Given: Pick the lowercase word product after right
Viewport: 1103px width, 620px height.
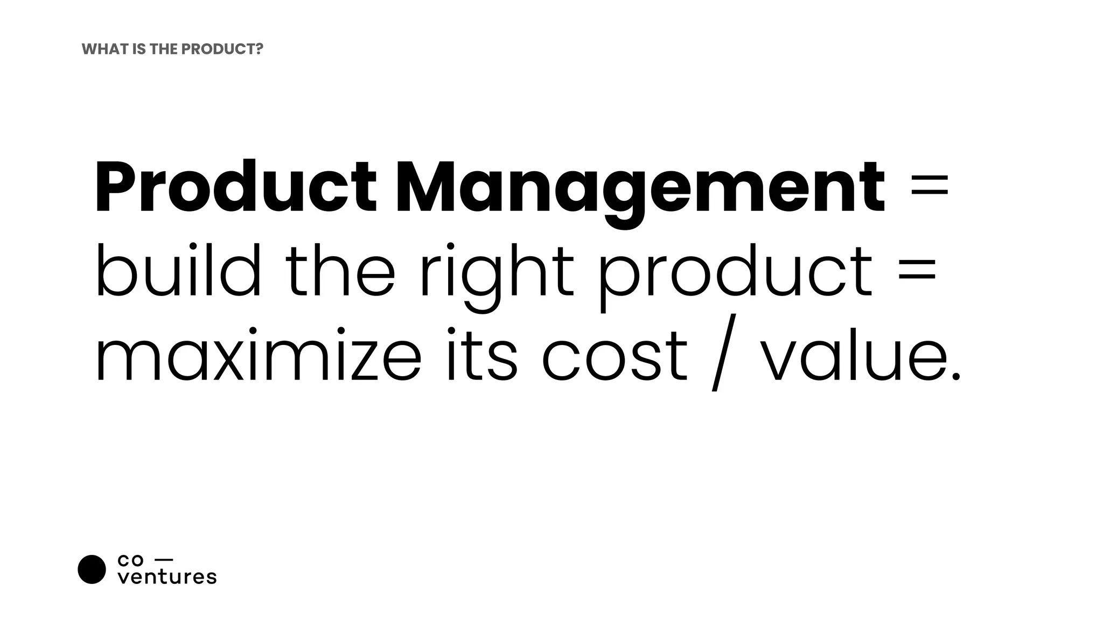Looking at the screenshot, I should pos(735,274).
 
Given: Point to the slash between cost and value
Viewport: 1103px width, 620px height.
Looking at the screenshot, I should pos(723,357).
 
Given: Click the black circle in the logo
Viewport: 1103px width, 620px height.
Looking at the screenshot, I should pos(92,569).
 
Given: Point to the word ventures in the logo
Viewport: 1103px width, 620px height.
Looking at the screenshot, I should pos(167,577).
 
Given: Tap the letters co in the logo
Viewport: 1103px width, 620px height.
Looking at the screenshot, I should pos(130,561).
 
